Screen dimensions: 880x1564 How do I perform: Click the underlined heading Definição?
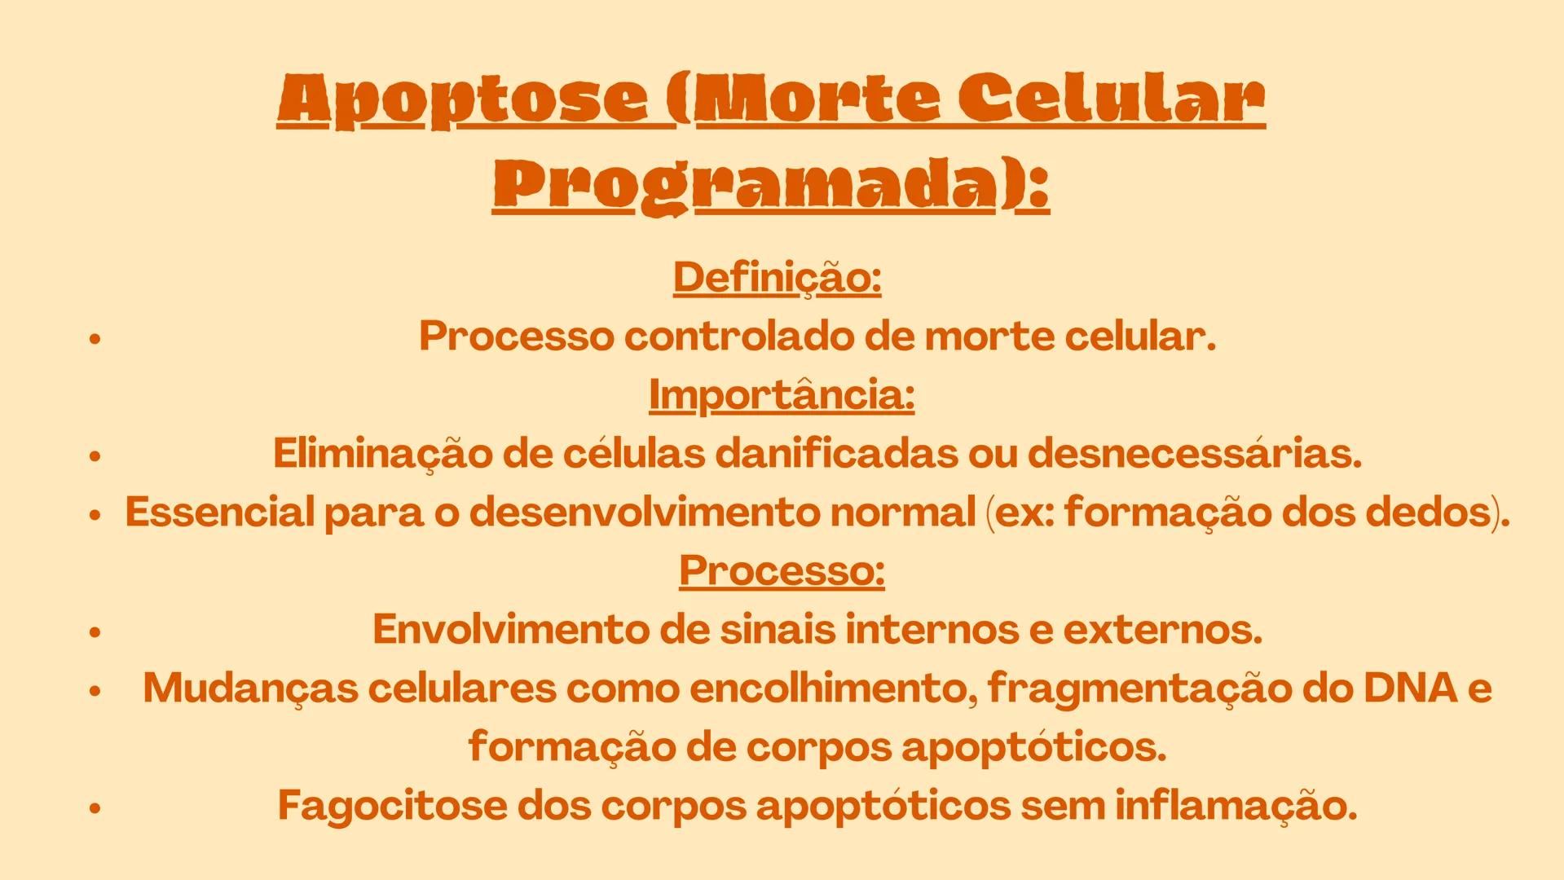click(777, 278)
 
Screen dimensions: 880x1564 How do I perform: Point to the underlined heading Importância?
click(781, 395)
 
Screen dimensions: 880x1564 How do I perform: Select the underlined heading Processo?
click(782, 570)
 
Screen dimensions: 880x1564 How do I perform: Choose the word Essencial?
click(219, 513)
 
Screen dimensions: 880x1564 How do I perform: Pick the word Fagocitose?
click(392, 805)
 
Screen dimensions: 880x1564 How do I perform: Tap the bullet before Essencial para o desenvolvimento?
click(95, 515)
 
